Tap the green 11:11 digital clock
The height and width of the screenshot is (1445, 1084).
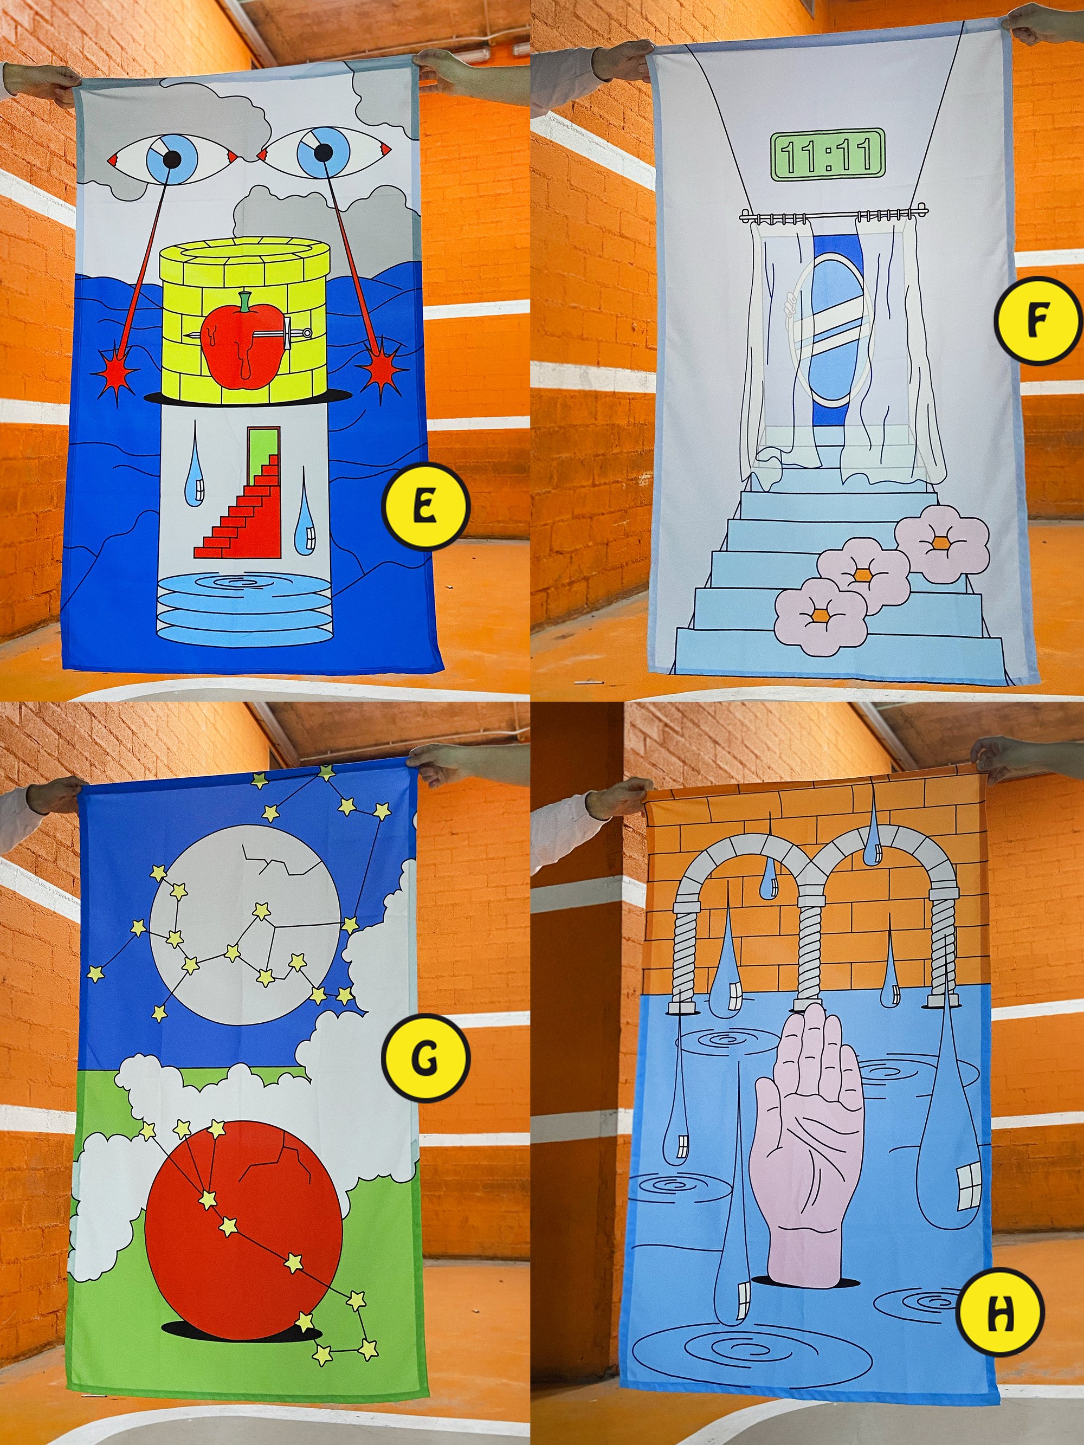coord(827,155)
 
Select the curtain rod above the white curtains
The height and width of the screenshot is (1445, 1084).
coord(834,213)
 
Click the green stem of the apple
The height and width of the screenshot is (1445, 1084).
coord(245,301)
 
